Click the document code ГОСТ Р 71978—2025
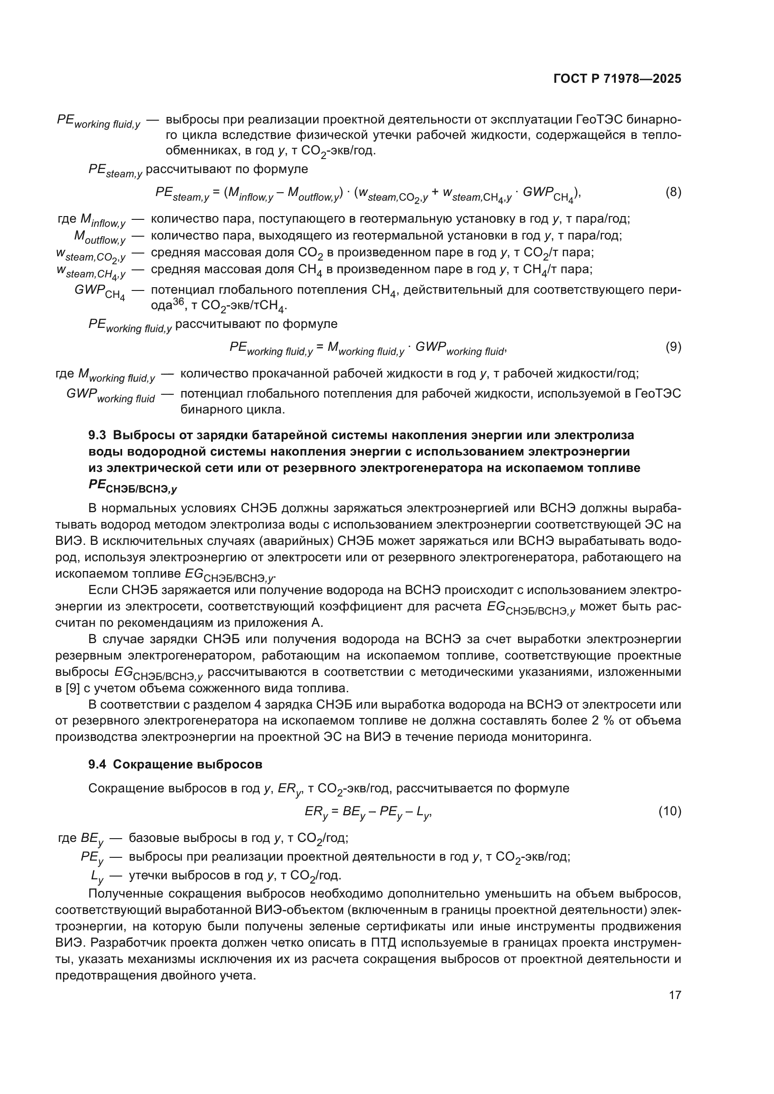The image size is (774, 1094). point(617,79)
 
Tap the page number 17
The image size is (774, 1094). point(675,995)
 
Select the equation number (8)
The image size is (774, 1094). point(673,193)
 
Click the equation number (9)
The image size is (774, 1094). point(673,347)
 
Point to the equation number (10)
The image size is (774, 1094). point(670,811)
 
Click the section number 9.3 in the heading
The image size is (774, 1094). point(97,435)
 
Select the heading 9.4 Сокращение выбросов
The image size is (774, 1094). point(175,765)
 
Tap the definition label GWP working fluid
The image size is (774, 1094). point(110,396)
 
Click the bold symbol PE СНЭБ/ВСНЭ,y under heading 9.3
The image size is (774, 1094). point(132,486)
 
